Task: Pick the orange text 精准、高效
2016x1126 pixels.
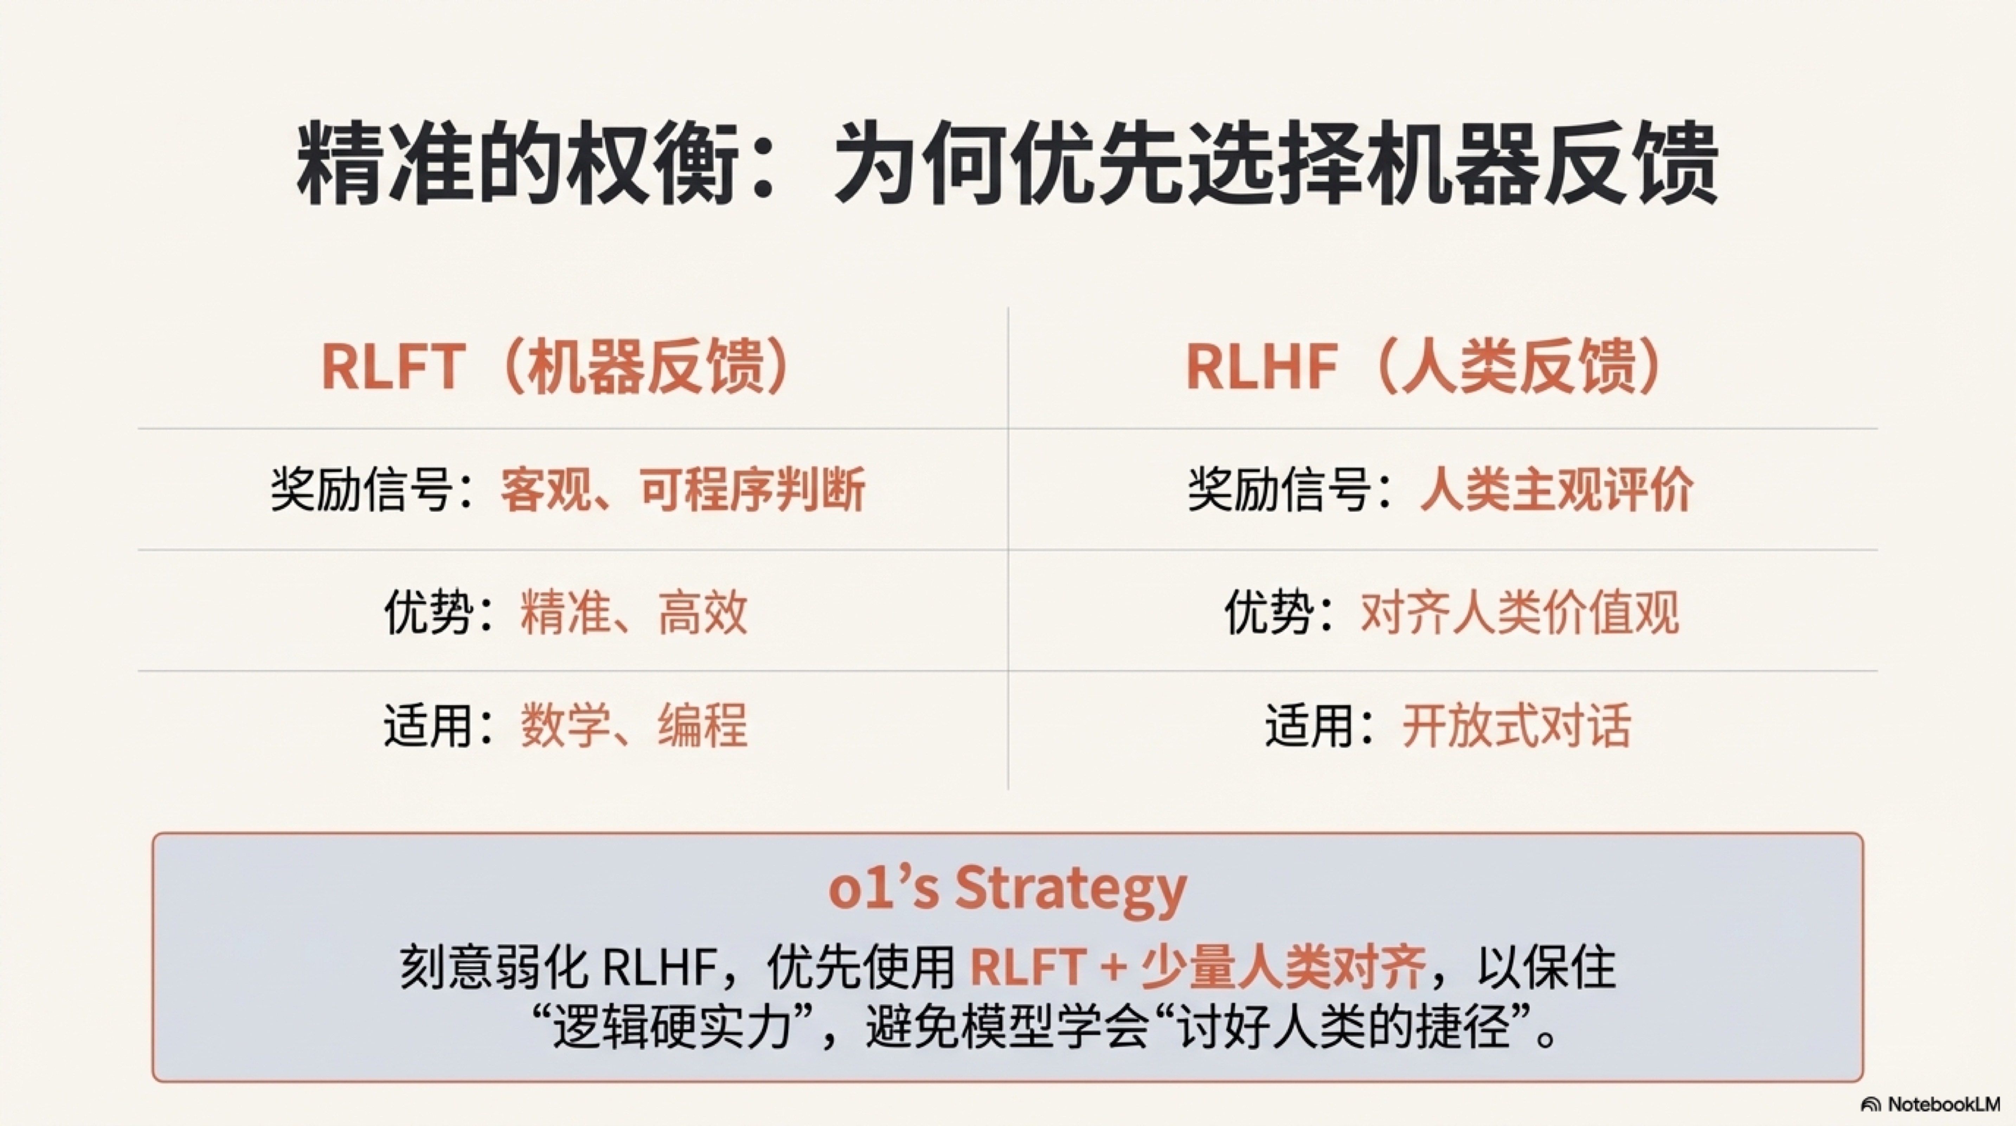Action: click(634, 612)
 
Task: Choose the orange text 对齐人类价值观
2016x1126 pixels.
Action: click(1520, 612)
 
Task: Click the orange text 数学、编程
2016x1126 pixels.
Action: click(634, 725)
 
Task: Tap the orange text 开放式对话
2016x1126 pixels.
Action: click(1517, 725)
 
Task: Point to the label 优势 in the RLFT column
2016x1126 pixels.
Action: click(429, 612)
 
